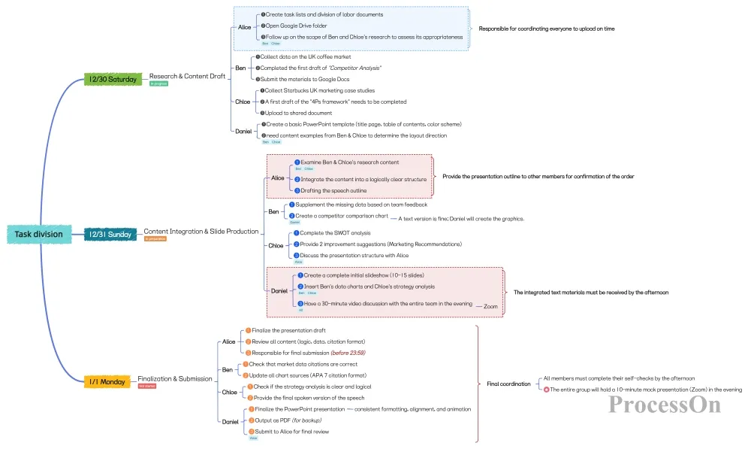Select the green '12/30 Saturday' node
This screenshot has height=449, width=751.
[x=112, y=78]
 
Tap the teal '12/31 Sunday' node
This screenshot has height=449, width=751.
[x=110, y=234]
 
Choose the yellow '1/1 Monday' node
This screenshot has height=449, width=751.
[x=107, y=381]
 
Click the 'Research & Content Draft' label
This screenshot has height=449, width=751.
[x=187, y=77]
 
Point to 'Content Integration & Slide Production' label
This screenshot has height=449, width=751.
[x=201, y=232]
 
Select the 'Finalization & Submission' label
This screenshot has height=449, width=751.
[x=175, y=378]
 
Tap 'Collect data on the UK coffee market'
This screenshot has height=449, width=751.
[x=305, y=57]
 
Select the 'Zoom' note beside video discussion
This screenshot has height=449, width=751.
[x=490, y=307]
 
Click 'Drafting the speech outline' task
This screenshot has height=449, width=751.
[x=334, y=190]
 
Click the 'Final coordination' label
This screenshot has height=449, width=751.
[x=508, y=384]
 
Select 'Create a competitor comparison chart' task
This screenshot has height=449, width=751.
[x=341, y=216]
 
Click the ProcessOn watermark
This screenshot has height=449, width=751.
[x=665, y=404]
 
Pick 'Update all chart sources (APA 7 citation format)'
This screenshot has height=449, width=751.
[x=308, y=375]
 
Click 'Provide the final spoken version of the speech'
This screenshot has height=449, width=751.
[x=309, y=398]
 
